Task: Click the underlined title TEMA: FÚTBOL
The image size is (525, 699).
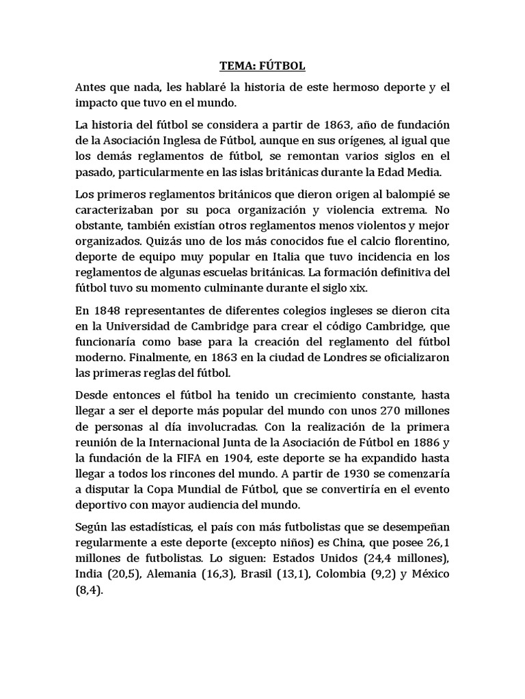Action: pyautogui.click(x=262, y=66)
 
